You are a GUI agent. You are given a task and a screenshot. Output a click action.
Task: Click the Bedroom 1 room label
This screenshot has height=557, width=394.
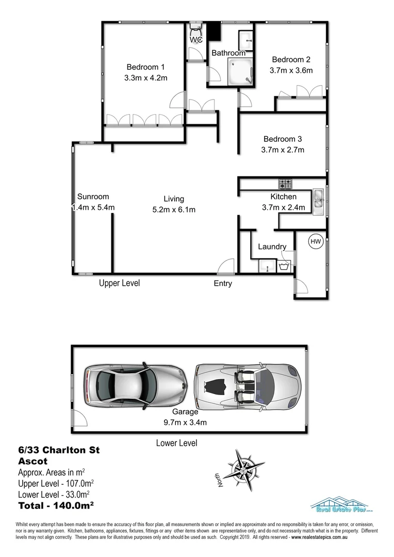coord(146,67)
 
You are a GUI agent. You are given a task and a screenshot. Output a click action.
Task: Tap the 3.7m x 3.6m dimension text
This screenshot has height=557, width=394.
coord(291,70)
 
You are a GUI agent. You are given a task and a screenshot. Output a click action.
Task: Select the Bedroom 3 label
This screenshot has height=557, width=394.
coord(282,139)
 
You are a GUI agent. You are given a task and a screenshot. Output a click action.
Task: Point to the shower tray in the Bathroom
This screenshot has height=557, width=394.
coord(240,70)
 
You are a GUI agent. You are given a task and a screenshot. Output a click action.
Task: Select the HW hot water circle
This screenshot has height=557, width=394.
coord(314,241)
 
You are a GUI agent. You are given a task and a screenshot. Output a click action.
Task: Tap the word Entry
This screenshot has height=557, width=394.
coord(223,284)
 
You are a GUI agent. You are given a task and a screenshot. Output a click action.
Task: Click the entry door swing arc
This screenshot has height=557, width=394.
coord(225,267)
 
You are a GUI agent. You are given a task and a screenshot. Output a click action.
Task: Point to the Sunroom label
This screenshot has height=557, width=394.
coord(93,196)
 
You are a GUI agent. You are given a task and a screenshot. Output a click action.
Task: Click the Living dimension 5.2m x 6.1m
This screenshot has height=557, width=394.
coord(174,209)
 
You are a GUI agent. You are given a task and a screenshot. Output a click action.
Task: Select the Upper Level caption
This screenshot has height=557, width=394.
coord(119,283)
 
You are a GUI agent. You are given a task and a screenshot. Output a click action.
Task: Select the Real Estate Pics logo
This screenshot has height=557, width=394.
coord(341,505)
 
